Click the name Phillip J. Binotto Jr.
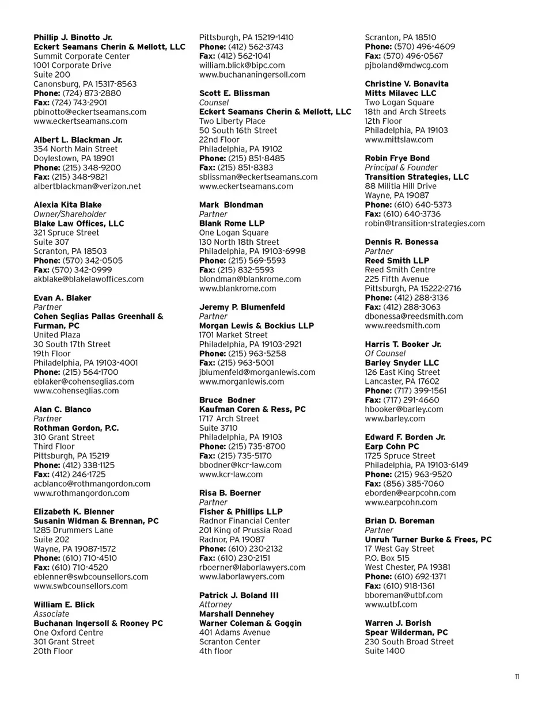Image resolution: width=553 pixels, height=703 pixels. click(73, 37)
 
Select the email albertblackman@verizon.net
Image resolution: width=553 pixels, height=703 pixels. click(87, 186)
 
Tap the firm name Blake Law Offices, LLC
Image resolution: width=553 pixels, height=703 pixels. click(79, 223)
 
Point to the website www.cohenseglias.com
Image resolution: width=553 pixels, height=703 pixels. click(76, 390)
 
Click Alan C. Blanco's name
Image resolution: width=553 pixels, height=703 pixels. click(62, 409)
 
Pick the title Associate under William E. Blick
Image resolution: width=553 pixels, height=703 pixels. click(51, 614)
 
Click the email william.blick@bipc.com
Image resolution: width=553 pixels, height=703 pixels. click(242, 65)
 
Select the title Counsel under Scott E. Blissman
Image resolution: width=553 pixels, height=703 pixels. click(214, 102)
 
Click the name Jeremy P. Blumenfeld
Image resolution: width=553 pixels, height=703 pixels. click(242, 307)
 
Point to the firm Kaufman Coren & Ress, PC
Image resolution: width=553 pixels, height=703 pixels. click(252, 409)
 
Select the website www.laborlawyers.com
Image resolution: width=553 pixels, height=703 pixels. click(241, 576)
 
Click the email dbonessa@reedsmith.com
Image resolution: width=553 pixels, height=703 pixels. click(414, 316)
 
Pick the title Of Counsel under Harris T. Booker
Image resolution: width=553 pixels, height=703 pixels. click(385, 354)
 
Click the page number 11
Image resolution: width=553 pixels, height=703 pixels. click(517, 677)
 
